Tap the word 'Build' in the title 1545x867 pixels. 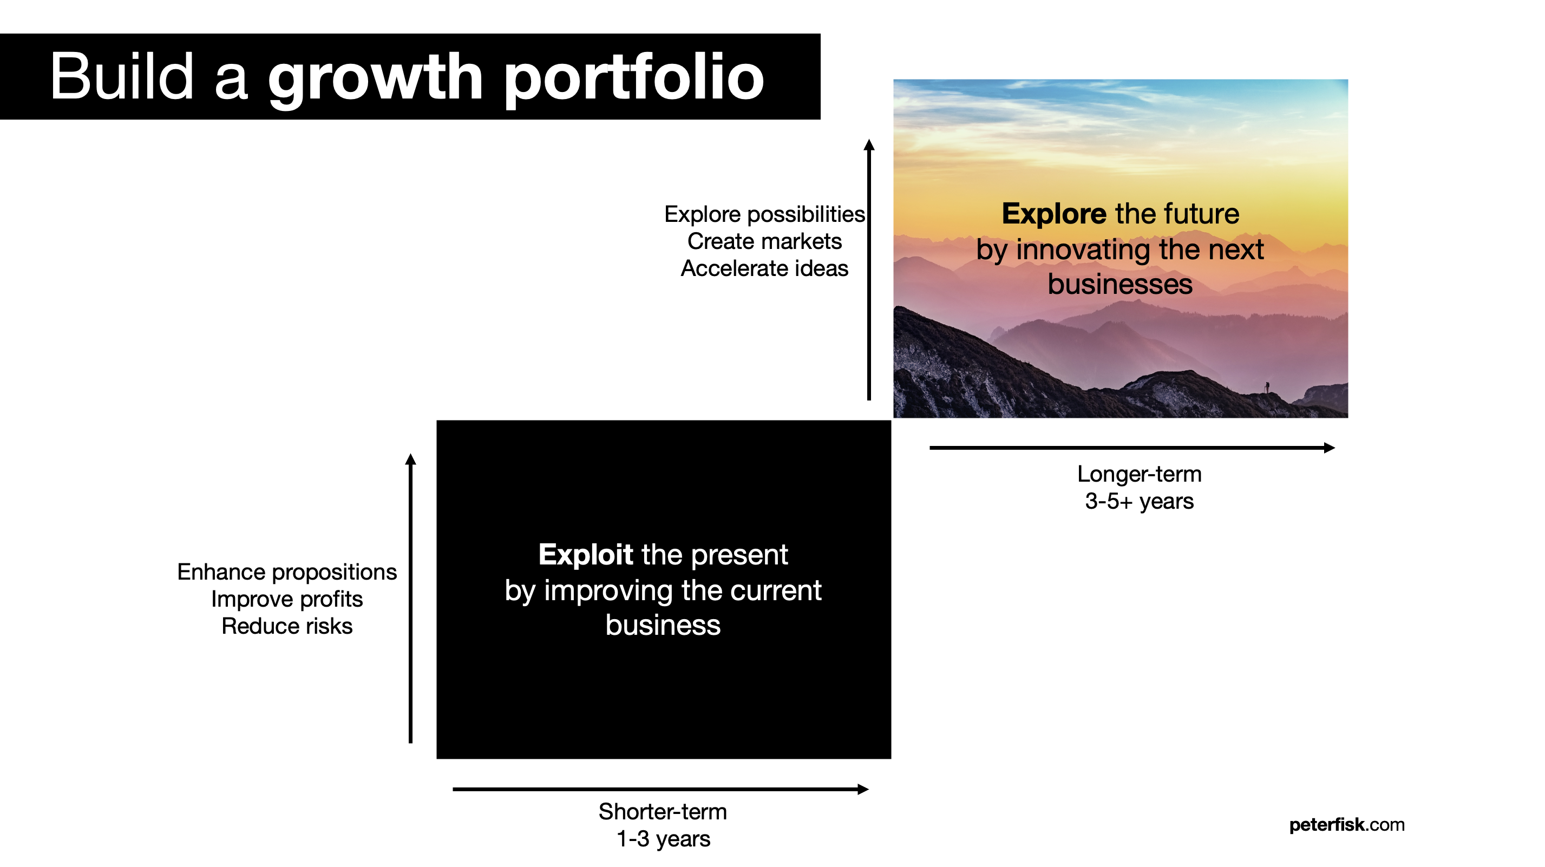click(122, 76)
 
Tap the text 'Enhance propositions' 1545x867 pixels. click(287, 572)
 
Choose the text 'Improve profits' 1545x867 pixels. click(287, 599)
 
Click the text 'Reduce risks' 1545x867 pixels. click(287, 626)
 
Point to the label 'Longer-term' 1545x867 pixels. click(1139, 474)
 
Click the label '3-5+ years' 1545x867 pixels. click(1139, 501)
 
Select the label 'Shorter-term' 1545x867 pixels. click(662, 812)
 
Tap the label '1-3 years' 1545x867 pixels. click(663, 839)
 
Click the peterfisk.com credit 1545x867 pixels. click(1346, 825)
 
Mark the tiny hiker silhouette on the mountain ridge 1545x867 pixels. click(1267, 387)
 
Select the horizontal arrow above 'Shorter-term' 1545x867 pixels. click(660, 789)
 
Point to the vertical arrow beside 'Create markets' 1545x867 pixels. click(869, 270)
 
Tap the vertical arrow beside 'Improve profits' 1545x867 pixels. click(410, 599)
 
